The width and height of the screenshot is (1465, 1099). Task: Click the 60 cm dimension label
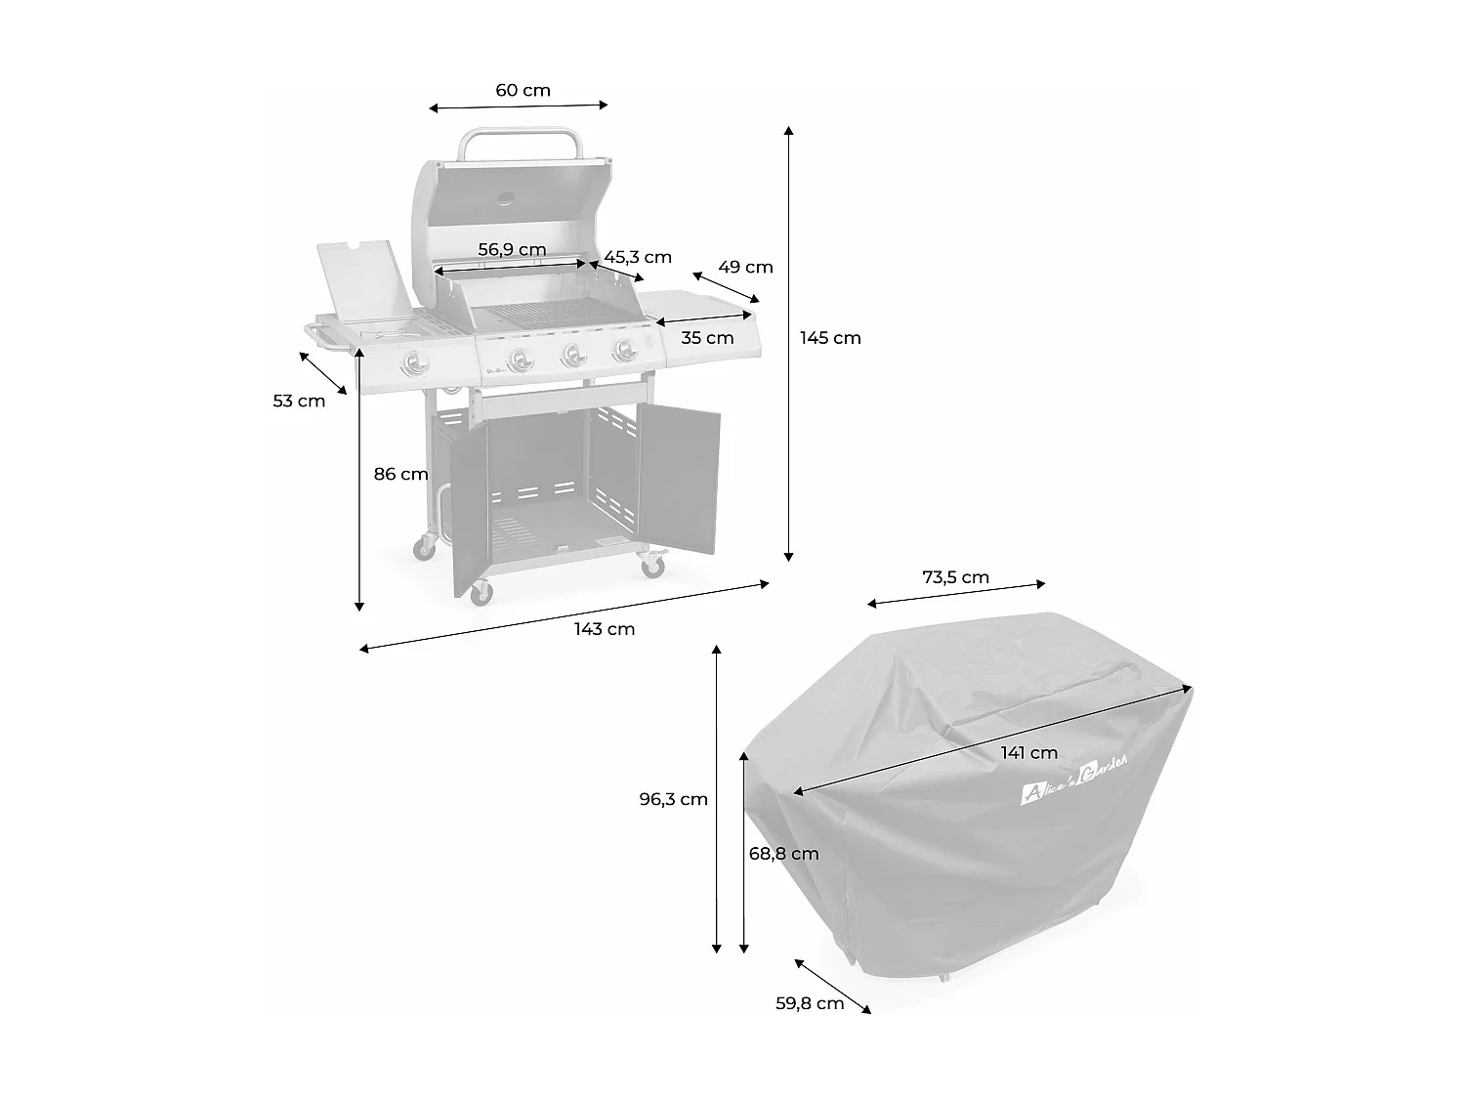523,91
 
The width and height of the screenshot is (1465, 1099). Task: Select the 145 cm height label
830,338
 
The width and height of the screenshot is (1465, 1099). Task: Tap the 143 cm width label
605,629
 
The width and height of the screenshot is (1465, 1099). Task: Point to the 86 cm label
400,475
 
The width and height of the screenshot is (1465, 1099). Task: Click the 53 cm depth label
299,401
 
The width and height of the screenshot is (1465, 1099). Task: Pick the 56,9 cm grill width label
512,249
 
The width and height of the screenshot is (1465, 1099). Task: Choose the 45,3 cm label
638,257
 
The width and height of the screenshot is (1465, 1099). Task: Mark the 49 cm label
745,267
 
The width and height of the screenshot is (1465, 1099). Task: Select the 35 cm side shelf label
707,338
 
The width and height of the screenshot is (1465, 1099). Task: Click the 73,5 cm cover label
955,577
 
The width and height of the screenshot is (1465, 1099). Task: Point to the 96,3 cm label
673,799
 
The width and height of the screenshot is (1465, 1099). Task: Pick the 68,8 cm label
783,854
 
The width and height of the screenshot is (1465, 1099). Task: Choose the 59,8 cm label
810,1003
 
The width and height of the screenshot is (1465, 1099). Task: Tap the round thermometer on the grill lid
508,198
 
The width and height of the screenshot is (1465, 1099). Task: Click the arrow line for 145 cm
789,342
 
